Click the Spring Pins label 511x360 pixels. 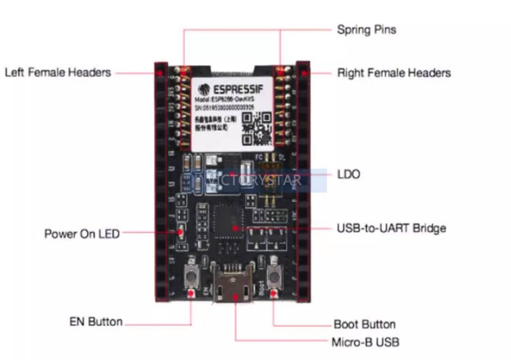pos(366,29)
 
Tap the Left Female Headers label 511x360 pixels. pos(57,72)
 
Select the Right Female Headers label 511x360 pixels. pos(394,73)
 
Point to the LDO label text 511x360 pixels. pos(349,174)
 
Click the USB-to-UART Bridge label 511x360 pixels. pos(391,228)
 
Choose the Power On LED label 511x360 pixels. pos(82,233)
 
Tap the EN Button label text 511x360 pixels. pos(96,322)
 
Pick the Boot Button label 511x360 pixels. pos(364,324)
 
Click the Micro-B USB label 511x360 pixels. pos(365,342)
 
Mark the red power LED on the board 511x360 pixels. pos(180,232)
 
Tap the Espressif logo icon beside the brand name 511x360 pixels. pos(203,89)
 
